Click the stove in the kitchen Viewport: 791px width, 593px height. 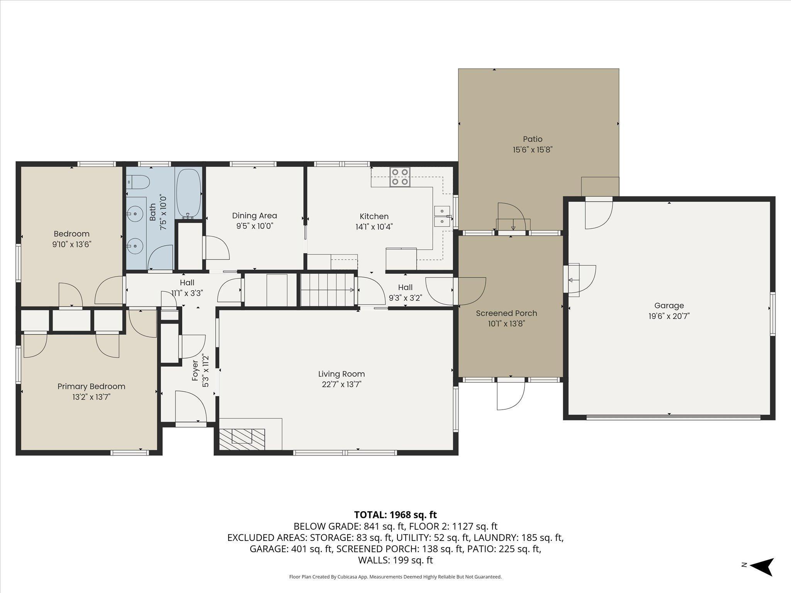tap(400, 177)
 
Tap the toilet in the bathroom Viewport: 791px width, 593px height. tap(138, 182)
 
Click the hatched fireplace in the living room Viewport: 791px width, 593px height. tap(242, 439)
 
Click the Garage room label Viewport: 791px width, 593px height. tap(669, 305)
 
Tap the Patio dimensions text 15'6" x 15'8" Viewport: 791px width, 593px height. tap(533, 150)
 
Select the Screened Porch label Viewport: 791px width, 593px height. tap(506, 313)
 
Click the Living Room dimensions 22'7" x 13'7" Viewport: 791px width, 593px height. tap(341, 384)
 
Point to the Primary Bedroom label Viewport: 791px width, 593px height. tap(92, 386)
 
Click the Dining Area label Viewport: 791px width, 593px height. tap(255, 216)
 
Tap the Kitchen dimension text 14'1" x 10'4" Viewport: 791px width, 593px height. tap(374, 227)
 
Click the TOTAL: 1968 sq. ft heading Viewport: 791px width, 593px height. tap(395, 515)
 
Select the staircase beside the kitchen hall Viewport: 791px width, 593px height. tap(327, 290)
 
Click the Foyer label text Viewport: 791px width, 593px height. tap(195, 370)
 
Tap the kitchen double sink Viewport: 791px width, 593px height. tap(442, 216)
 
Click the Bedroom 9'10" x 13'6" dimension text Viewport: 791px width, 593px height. tap(72, 244)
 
